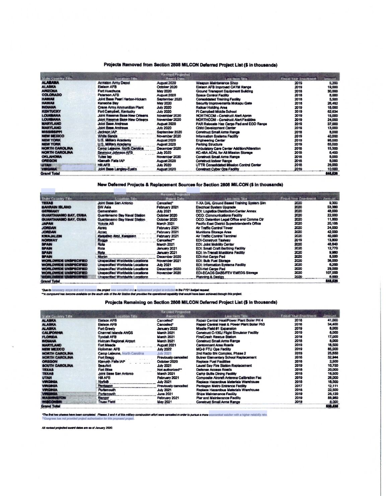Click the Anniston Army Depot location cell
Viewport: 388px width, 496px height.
[113, 83]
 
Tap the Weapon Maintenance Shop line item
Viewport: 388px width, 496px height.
[217, 83]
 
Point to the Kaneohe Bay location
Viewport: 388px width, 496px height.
[108, 103]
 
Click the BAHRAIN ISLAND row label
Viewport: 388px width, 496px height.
[56, 207]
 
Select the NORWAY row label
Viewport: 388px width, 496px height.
[49, 240]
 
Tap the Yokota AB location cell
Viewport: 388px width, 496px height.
[106, 223]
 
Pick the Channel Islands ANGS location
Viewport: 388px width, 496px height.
[115, 333]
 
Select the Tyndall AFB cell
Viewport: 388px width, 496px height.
[107, 337]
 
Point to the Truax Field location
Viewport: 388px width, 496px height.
[106, 402]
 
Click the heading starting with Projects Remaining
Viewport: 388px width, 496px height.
[191, 302]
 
